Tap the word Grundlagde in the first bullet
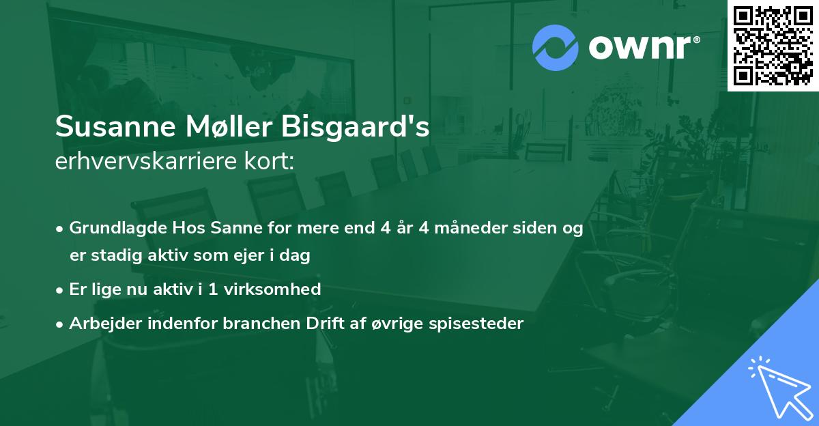(112, 229)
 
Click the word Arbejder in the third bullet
(101, 324)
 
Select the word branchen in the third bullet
(253, 324)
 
